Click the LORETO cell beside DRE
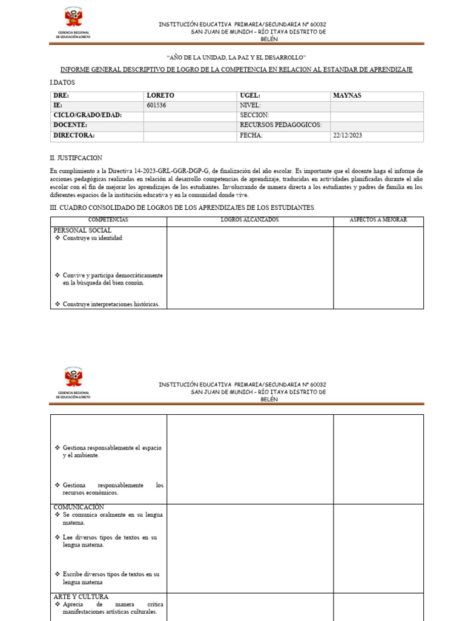click(x=160, y=96)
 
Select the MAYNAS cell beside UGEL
click(x=347, y=96)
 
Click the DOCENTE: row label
click(x=70, y=126)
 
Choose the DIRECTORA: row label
click(x=74, y=136)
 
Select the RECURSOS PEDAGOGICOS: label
click(x=281, y=126)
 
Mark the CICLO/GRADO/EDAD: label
click(x=87, y=115)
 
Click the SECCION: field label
click(x=254, y=115)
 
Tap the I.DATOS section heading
click(x=62, y=82)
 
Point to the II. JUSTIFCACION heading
click(x=76, y=158)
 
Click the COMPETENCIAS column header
click(x=108, y=220)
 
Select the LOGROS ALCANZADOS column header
click(x=249, y=220)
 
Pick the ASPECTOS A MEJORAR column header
click(x=378, y=220)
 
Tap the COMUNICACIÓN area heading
click(x=79, y=507)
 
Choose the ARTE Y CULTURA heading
click(x=81, y=597)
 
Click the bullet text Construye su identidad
click(x=92, y=238)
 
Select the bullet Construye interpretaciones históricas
click(x=111, y=304)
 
